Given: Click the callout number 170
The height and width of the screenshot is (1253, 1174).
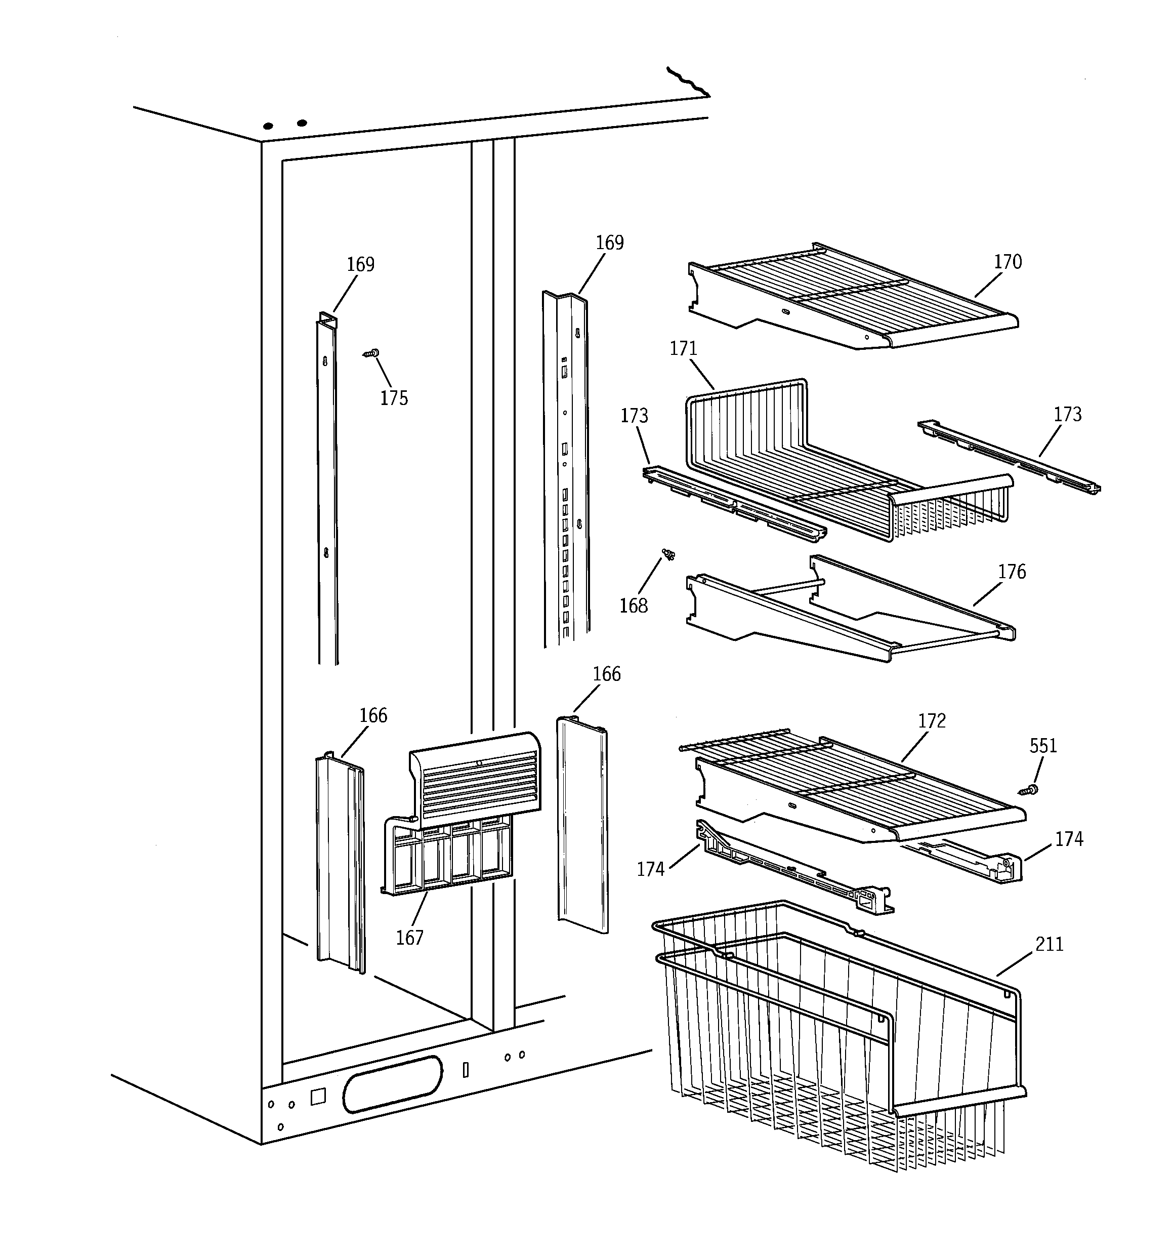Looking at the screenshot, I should (x=1007, y=262).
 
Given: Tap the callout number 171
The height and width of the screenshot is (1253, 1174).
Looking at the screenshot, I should (x=683, y=348).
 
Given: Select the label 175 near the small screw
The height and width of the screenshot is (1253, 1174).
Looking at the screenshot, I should (x=393, y=398).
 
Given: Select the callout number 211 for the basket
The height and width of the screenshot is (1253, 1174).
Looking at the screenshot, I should (x=1049, y=944).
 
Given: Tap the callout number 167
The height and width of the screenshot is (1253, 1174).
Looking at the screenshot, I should (x=409, y=938).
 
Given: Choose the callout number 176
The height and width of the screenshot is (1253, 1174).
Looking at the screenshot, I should (x=1012, y=572).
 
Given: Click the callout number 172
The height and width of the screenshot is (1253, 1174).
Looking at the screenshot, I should (x=932, y=720).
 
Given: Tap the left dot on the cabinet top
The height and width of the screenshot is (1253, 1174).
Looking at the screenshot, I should (x=268, y=126).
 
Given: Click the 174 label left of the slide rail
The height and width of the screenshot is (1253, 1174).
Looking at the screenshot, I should (x=650, y=869).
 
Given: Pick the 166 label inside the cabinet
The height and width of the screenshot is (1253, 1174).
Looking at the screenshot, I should (x=372, y=715).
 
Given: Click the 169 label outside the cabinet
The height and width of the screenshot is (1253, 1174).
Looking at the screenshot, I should (x=609, y=242).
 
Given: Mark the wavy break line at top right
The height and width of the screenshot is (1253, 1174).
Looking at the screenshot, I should (x=688, y=83).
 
